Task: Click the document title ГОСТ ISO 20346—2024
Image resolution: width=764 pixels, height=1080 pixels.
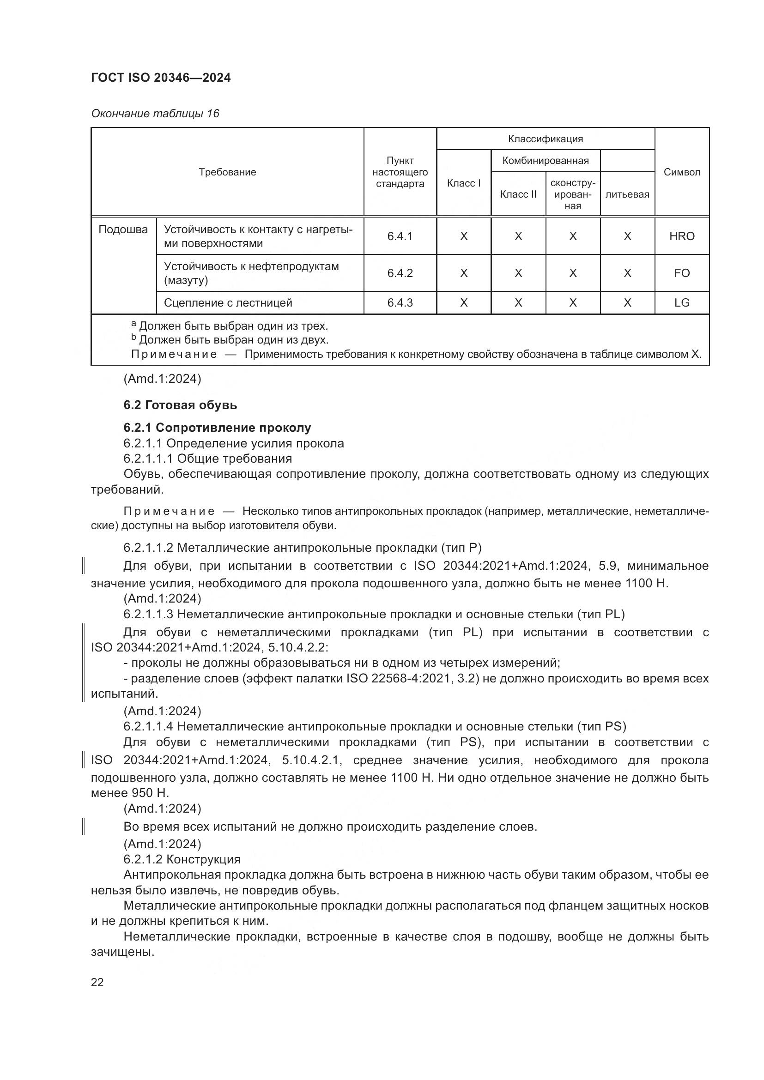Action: point(160,78)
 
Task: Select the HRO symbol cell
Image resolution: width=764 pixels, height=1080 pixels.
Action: point(681,236)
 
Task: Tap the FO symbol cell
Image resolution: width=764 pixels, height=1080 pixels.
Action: point(681,273)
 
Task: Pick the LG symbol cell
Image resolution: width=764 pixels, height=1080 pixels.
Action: point(681,303)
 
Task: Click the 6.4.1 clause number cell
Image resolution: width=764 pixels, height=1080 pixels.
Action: point(400,236)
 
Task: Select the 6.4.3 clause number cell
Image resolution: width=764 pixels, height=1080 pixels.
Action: point(400,303)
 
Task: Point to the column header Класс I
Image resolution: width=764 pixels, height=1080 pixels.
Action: point(463,183)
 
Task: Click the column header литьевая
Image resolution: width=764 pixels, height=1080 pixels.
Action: point(627,194)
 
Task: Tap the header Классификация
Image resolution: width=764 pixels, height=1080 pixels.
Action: point(545,139)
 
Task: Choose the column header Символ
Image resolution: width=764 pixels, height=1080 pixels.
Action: point(681,172)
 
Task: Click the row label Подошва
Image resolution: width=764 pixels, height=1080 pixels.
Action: point(123,229)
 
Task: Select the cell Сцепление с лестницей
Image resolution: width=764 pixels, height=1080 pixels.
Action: point(228,303)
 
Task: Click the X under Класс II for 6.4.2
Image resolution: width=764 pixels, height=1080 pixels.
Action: point(518,273)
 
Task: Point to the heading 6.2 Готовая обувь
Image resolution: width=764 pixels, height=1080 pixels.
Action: point(180,405)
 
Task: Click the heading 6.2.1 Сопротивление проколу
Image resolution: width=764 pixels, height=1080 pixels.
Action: point(217,428)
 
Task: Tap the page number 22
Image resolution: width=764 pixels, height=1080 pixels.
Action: point(97,982)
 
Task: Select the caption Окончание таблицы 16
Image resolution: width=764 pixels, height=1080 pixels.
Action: point(155,114)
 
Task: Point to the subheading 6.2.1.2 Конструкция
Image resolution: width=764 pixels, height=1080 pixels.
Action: point(182,859)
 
